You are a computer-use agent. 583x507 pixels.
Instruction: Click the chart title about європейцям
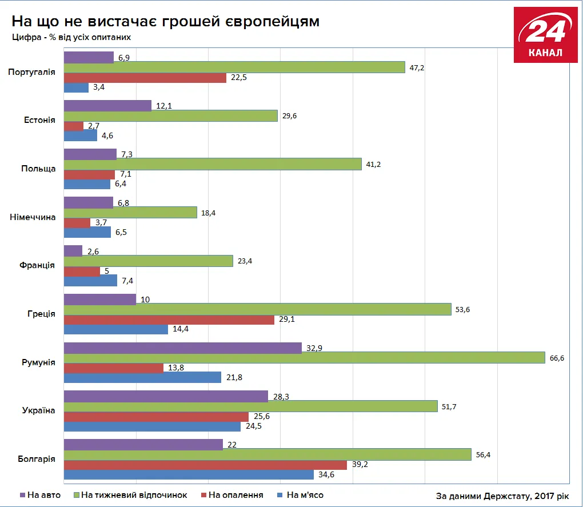(x=166, y=21)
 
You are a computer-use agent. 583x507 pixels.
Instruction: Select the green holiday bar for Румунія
(x=304, y=357)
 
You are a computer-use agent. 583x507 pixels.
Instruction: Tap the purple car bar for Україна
(x=166, y=396)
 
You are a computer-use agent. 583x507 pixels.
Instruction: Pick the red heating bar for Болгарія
(x=205, y=464)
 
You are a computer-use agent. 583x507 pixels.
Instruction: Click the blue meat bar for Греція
(x=115, y=329)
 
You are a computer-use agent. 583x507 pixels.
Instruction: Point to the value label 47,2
(x=417, y=67)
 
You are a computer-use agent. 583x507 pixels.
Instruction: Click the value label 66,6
(x=557, y=358)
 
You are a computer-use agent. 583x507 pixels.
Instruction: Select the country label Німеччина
(x=33, y=217)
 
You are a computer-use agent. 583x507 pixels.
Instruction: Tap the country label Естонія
(x=39, y=120)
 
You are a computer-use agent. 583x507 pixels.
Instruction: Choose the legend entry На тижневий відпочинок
(x=134, y=495)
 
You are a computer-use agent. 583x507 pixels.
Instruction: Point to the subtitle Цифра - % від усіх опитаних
(x=71, y=37)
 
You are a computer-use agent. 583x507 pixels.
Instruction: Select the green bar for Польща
(x=212, y=164)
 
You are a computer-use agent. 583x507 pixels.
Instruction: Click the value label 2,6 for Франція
(x=93, y=251)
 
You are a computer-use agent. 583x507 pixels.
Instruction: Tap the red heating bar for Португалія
(x=145, y=78)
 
